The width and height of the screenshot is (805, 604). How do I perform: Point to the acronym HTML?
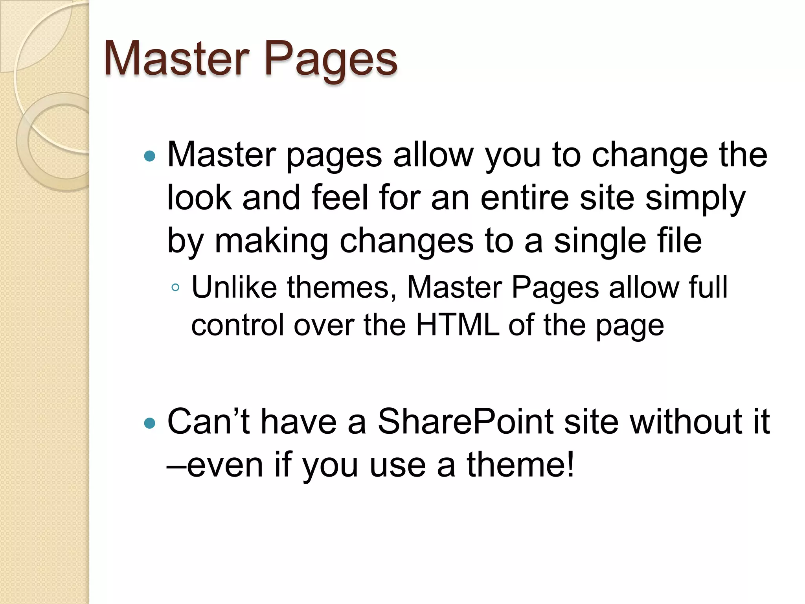(x=458, y=325)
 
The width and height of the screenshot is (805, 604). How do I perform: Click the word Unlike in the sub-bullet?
(x=234, y=287)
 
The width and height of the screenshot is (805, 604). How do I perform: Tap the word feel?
(x=340, y=197)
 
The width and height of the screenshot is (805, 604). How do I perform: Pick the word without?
(x=682, y=422)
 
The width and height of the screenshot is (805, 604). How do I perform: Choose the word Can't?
(x=208, y=422)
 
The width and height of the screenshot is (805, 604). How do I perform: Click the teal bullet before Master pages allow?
(x=150, y=157)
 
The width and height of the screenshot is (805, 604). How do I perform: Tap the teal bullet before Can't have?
(x=150, y=424)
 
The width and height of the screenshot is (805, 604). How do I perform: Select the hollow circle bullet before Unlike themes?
(x=175, y=288)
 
